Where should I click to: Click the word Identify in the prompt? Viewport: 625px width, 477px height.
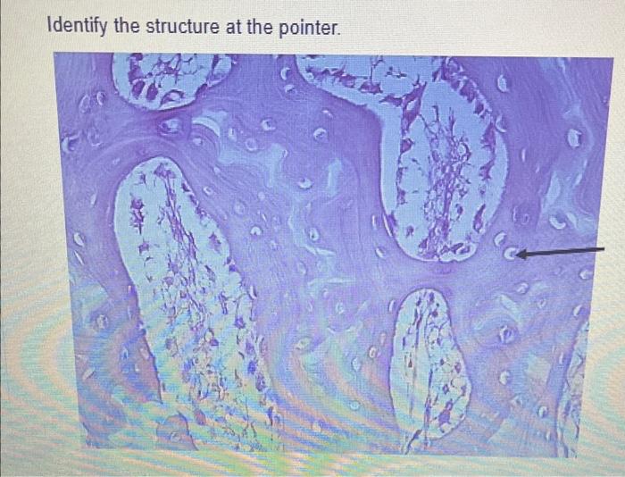(77, 27)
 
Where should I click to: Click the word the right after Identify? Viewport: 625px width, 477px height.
(126, 27)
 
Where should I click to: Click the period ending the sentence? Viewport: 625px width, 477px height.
(339, 32)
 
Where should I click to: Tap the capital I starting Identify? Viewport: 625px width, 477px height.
(48, 27)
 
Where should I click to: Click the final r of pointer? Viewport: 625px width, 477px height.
(334, 28)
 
